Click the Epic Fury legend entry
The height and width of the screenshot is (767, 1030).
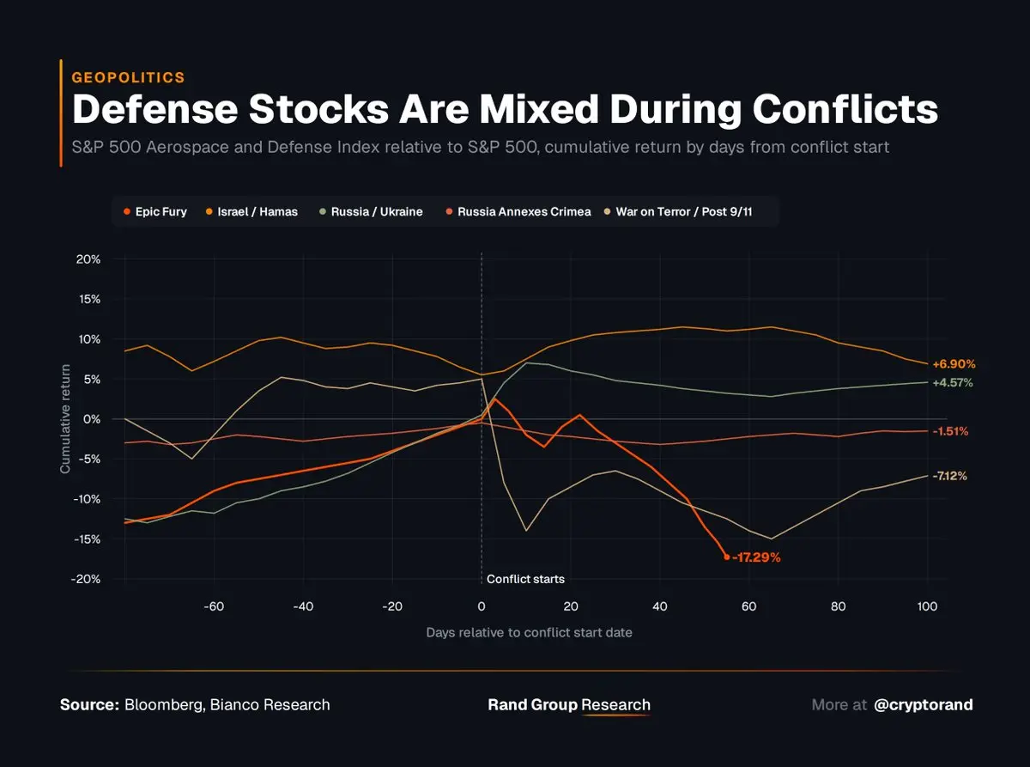[155, 211]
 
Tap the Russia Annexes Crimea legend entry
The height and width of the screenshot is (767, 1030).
[518, 211]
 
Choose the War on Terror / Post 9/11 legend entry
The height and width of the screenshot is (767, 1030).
[677, 211]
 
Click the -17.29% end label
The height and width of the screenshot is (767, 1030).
[756, 557]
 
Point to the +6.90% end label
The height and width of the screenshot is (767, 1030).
[954, 364]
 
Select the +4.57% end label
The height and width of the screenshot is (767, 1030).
[953, 382]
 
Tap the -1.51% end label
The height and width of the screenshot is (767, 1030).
[950, 431]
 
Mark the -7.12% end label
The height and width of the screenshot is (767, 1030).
[950, 476]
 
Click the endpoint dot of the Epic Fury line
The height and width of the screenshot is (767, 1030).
[727, 557]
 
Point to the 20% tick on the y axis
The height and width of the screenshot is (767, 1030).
[88, 259]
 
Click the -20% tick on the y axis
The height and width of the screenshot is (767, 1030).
[86, 579]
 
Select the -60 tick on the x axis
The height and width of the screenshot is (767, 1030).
[213, 606]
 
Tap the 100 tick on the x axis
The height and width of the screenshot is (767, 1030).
[927, 606]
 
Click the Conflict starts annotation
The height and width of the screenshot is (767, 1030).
[525, 579]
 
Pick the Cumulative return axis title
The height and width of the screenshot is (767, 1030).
[65, 419]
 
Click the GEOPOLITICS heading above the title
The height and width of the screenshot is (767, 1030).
[128, 77]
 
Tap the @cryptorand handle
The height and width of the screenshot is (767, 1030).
[923, 705]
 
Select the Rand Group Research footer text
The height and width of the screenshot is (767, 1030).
[569, 705]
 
